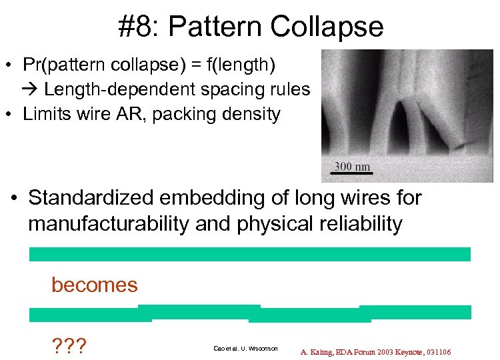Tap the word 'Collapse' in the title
(327, 27)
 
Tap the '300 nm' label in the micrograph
(352, 167)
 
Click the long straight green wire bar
(250, 254)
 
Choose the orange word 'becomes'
(95, 285)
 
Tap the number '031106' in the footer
(437, 351)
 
